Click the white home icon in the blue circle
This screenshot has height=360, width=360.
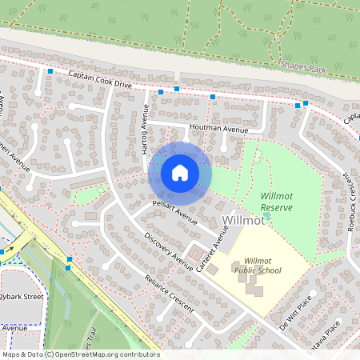[x=180, y=173]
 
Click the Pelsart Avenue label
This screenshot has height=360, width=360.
[x=175, y=212]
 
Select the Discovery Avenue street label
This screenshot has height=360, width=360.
[x=169, y=251]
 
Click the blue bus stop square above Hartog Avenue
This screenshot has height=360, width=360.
[x=161, y=92]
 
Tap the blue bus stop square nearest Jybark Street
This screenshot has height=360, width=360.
[x=70, y=260]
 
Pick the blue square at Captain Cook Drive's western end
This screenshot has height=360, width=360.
[x=50, y=72]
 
